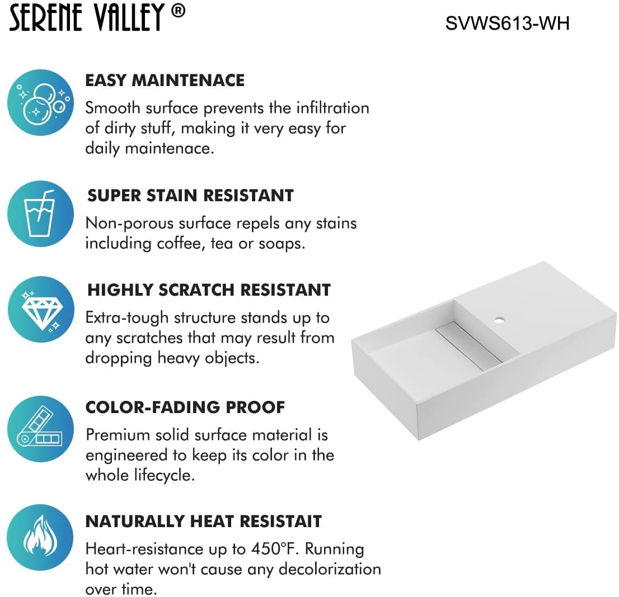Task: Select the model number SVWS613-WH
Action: pyautogui.click(x=507, y=23)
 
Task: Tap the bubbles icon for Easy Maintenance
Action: pyautogui.click(x=41, y=102)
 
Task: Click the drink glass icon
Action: pyautogui.click(x=41, y=214)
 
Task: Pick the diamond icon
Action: pyautogui.click(x=41, y=310)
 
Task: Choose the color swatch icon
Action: pyautogui.click(x=41, y=429)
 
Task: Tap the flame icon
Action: pyautogui.click(x=41, y=538)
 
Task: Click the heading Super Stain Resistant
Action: pyautogui.click(x=190, y=195)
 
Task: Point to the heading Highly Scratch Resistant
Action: pyautogui.click(x=209, y=290)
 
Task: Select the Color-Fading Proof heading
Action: pyautogui.click(x=185, y=407)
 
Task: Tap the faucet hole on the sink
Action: pyautogui.click(x=498, y=321)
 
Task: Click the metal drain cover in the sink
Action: pyautogui.click(x=468, y=346)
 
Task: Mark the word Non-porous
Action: pyautogui.click(x=129, y=223)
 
